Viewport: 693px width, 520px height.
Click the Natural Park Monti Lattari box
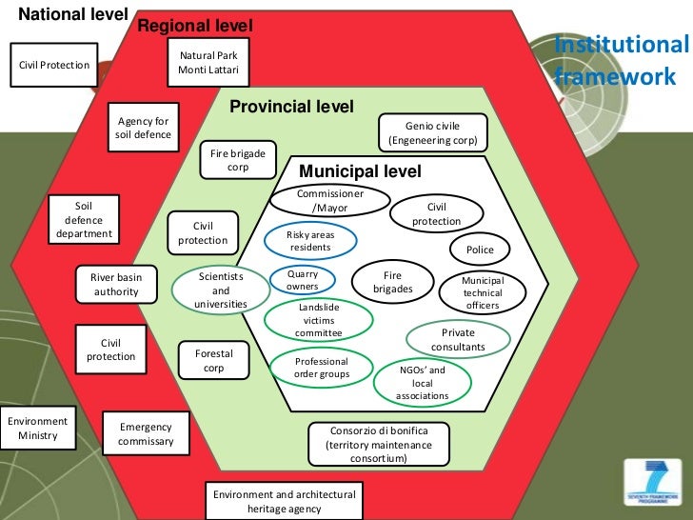click(x=208, y=63)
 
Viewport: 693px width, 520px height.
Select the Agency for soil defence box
click(x=144, y=128)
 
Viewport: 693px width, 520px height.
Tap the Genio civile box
click(x=432, y=133)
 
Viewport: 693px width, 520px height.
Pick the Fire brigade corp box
click(x=238, y=160)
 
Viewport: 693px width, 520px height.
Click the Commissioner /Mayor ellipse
click(x=330, y=200)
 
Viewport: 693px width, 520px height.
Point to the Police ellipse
click(x=480, y=250)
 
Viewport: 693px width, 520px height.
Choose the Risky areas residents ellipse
click(x=310, y=241)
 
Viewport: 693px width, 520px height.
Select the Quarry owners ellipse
click(x=303, y=280)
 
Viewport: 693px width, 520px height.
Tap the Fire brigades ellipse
click(x=393, y=282)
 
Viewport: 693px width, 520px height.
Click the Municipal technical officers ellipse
click(x=482, y=293)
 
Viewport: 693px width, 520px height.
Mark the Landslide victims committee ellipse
click(x=318, y=321)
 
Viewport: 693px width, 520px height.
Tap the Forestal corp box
click(x=213, y=360)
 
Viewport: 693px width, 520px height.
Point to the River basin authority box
click(x=116, y=285)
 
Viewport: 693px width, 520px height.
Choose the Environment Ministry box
click(x=38, y=429)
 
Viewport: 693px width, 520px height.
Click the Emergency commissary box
click(x=146, y=434)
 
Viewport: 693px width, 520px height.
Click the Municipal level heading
click(x=360, y=171)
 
